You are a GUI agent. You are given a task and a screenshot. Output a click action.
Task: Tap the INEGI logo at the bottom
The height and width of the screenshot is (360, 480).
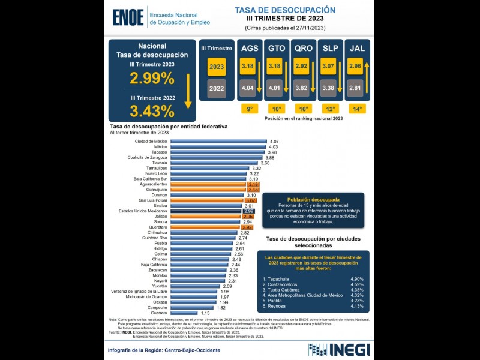(x=338, y=349)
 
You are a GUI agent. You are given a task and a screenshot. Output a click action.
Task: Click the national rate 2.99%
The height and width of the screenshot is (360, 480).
(x=152, y=78)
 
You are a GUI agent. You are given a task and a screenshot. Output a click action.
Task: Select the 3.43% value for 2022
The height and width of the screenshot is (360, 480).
(x=152, y=110)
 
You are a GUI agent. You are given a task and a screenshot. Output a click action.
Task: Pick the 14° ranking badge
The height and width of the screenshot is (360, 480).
(x=357, y=109)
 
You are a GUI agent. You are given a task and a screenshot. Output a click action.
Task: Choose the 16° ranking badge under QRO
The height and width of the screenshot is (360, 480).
(x=303, y=109)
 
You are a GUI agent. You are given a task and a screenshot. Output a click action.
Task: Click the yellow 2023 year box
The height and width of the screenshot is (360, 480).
(x=216, y=67)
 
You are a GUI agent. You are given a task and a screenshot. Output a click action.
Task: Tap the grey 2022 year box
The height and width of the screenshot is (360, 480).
(x=216, y=88)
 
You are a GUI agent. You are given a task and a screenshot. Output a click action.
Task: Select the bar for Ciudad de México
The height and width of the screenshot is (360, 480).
(x=218, y=141)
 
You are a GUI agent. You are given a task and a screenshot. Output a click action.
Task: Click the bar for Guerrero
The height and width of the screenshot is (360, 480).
(x=184, y=313)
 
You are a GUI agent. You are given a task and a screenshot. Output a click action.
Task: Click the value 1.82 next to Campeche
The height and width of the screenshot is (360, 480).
(x=221, y=307)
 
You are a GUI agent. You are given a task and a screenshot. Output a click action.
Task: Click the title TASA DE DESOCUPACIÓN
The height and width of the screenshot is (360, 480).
(x=284, y=10)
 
